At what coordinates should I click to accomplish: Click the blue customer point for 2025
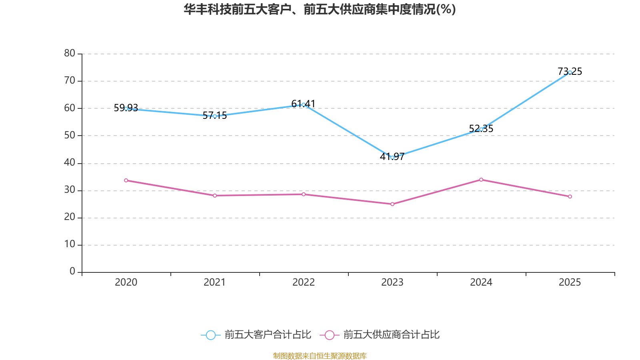pyautogui.click(x=570, y=72)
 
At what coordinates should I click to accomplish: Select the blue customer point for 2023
pyautogui.click(x=392, y=158)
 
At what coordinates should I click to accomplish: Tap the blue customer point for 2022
pyautogui.click(x=304, y=104)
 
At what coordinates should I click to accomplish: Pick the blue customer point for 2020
pyautogui.click(x=126, y=108)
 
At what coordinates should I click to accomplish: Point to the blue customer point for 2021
pyautogui.click(x=215, y=116)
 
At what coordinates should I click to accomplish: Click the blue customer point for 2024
pyautogui.click(x=481, y=129)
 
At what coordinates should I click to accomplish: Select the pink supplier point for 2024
pyautogui.click(x=481, y=180)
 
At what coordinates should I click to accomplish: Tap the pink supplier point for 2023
pyautogui.click(x=392, y=204)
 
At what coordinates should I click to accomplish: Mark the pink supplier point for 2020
pyautogui.click(x=126, y=180)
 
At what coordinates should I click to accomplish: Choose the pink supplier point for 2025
pyautogui.click(x=570, y=196)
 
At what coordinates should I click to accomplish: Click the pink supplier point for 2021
pyautogui.click(x=215, y=196)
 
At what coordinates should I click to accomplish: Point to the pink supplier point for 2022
pyautogui.click(x=304, y=194)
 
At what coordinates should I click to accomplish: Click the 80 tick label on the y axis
pyautogui.click(x=70, y=53)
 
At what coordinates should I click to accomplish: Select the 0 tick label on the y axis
pyautogui.click(x=72, y=272)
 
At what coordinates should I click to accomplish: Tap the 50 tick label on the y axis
pyautogui.click(x=70, y=135)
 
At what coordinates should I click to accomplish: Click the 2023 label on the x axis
pyautogui.click(x=392, y=282)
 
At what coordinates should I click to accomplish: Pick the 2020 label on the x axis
pyautogui.click(x=126, y=282)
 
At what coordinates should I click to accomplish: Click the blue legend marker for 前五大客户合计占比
pyautogui.click(x=210, y=335)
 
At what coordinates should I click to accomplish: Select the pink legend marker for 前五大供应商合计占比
pyautogui.click(x=329, y=335)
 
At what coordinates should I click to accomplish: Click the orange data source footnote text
pyautogui.click(x=320, y=356)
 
